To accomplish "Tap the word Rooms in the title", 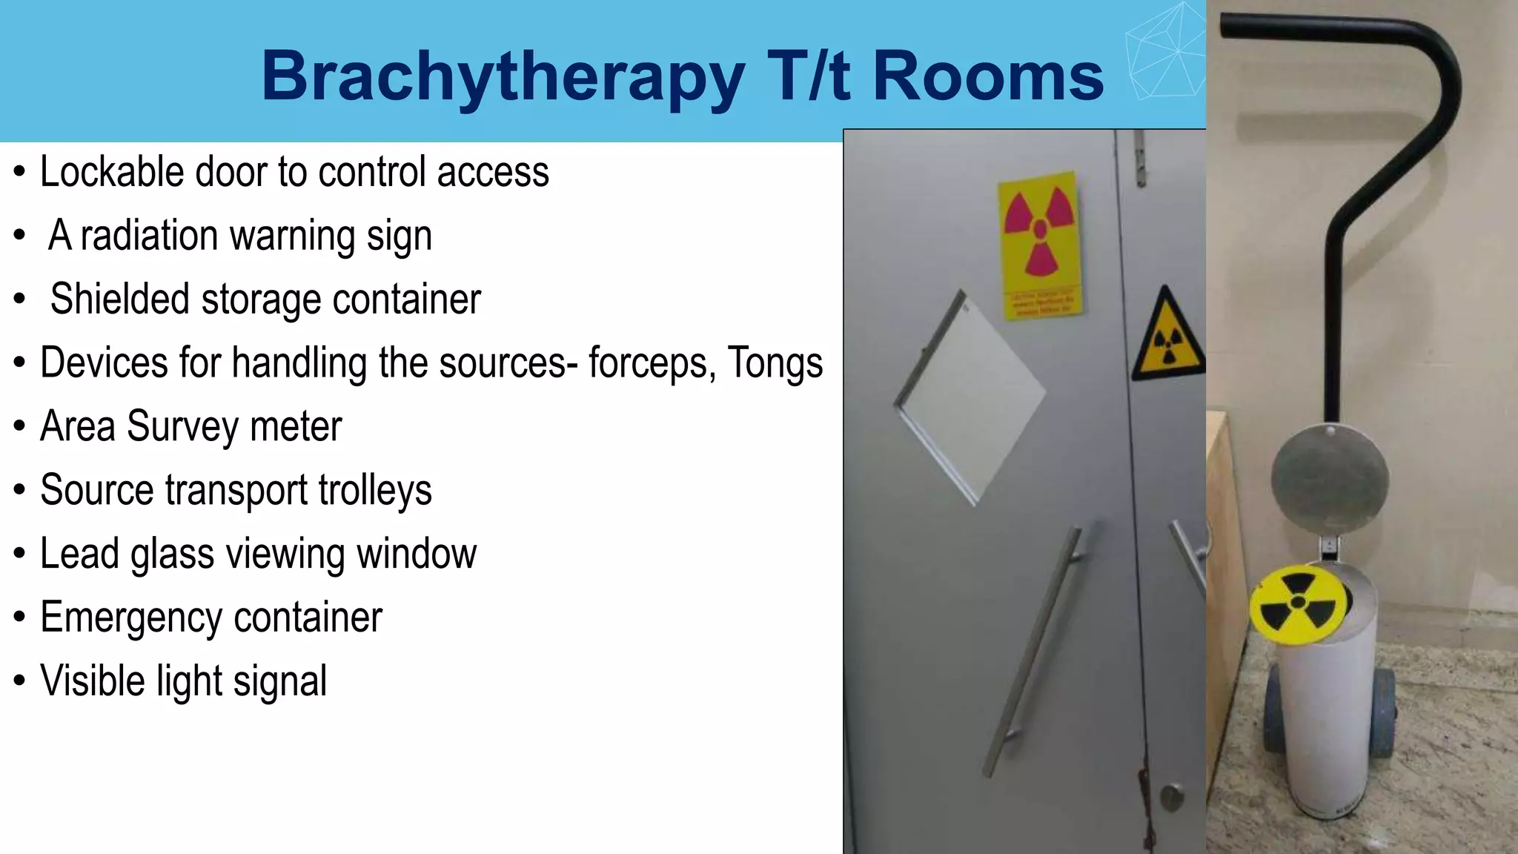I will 988,76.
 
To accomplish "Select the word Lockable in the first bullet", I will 111,172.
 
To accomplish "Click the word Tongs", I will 775,363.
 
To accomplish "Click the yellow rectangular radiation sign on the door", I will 1039,245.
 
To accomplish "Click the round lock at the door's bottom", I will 1171,797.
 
